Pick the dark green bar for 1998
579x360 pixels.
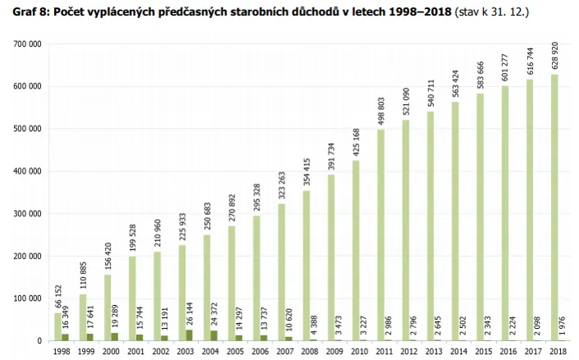[x=65, y=337]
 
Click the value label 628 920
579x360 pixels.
[x=555, y=57]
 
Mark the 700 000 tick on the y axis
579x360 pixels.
[x=29, y=43]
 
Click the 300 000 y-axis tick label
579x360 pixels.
[x=29, y=213]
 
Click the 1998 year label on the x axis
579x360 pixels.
[x=62, y=351]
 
